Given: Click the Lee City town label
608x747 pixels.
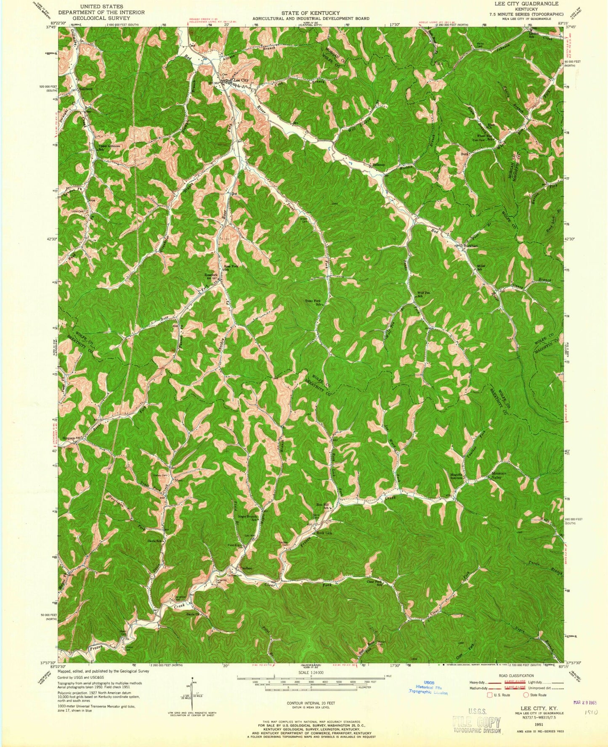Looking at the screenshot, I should tap(242, 79).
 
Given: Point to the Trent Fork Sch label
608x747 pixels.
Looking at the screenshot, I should tap(314, 302).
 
